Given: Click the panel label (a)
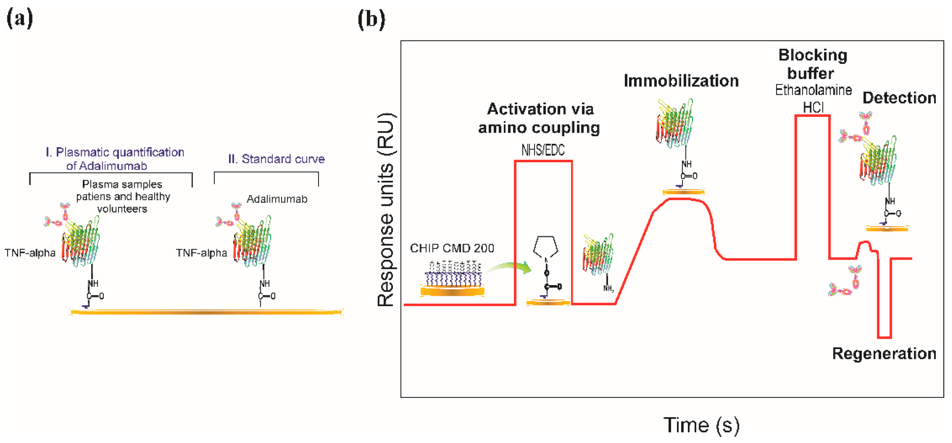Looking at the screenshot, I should (20, 18).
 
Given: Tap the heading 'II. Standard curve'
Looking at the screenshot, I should (276, 159).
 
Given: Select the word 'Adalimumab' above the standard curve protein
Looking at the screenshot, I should (277, 199).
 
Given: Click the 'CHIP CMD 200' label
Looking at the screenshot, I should (452, 248).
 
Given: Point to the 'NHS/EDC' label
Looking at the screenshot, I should (542, 150).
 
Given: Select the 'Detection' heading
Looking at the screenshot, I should (899, 98).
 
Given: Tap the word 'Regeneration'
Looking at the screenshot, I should (884, 354).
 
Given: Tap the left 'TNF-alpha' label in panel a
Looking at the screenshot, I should (30, 253).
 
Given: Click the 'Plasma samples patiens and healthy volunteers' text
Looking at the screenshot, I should (123, 197).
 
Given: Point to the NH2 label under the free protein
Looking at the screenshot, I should (608, 288).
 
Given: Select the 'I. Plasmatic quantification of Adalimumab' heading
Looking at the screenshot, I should (115, 159).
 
